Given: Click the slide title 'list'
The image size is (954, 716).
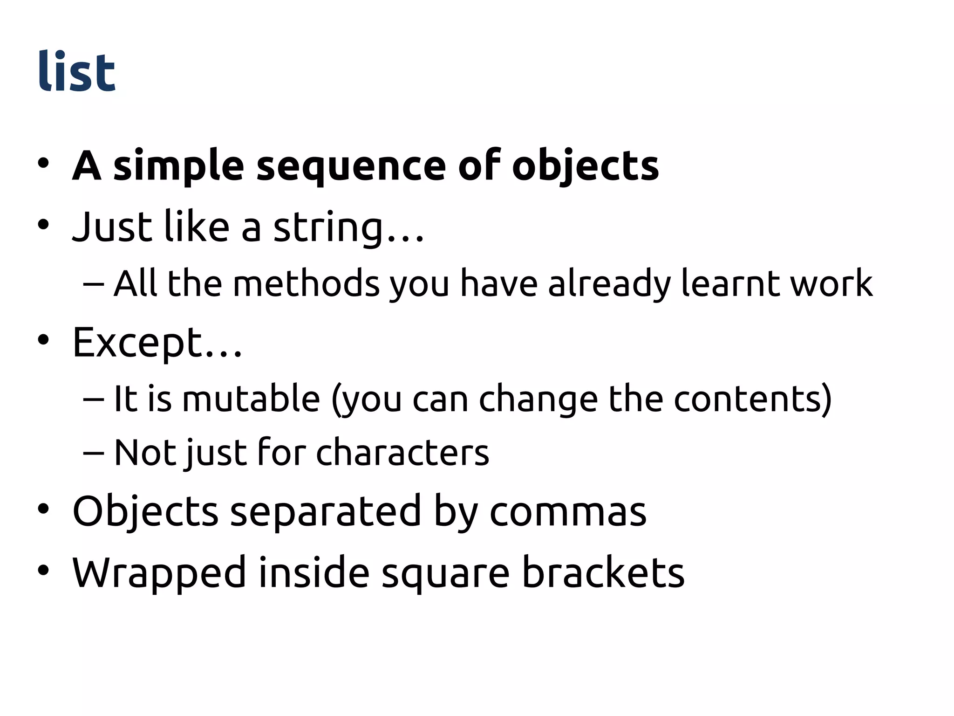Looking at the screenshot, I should pos(76,72).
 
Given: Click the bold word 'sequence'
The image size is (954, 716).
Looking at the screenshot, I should pos(351,166).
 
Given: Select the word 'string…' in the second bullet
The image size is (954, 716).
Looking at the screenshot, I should pos(348,228).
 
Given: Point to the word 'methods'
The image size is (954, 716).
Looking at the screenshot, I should pos(306,283).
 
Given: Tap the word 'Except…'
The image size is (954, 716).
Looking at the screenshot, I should pos(157,343).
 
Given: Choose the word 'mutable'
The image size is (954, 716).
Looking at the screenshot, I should pos(251,399).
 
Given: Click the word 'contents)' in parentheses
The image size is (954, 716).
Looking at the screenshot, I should pos(753,399).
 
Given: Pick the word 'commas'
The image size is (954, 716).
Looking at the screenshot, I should pos(568,512).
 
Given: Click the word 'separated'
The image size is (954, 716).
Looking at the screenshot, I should pos(326,512).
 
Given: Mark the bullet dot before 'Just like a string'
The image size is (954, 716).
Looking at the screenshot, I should pos(43,226).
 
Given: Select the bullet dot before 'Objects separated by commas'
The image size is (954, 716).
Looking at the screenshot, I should pos(43,509).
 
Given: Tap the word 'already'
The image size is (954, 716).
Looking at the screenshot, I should pos(610,284).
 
